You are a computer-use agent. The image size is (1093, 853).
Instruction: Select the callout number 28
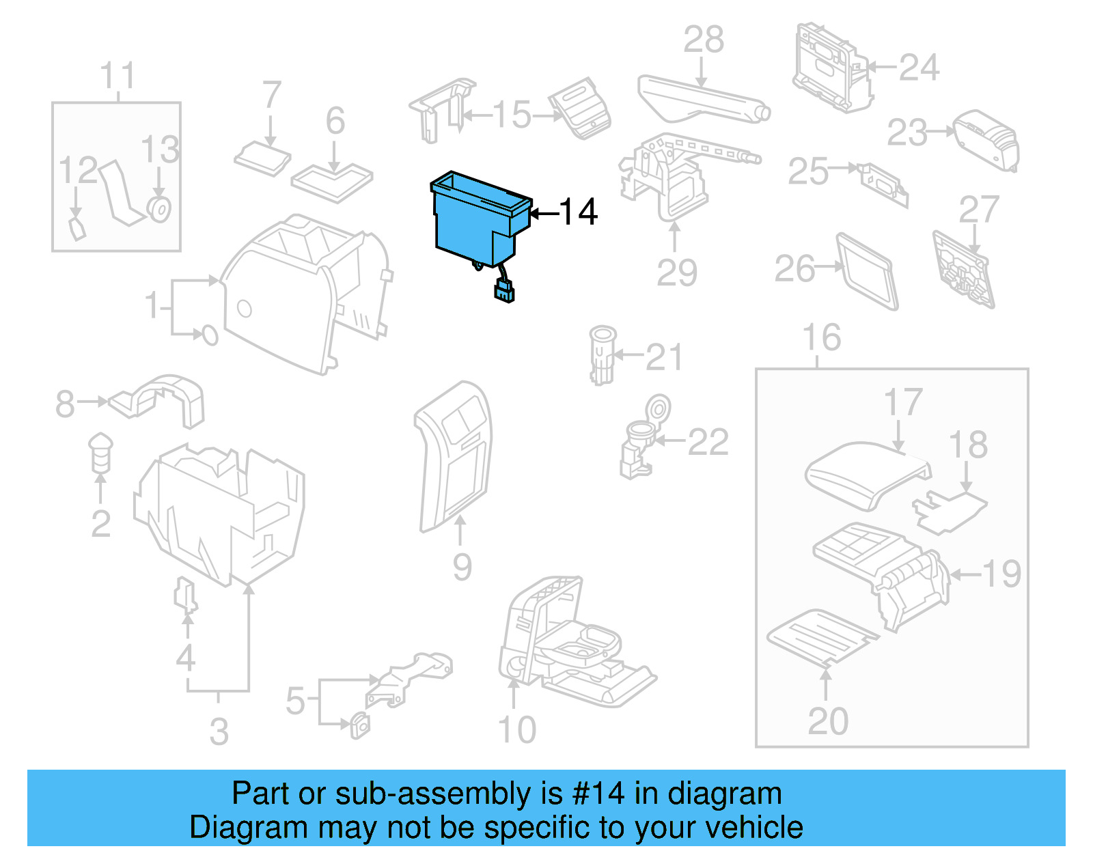(703, 40)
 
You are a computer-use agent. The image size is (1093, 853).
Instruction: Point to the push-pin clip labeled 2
(100, 451)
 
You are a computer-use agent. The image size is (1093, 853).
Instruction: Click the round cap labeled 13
(159, 209)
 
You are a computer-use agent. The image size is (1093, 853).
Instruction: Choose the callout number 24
(919, 68)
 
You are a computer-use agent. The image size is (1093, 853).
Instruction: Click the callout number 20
(827, 721)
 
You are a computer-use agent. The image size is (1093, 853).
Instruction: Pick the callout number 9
(462, 566)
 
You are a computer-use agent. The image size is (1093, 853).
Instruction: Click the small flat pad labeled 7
(262, 158)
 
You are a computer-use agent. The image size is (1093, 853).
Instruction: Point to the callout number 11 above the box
(117, 75)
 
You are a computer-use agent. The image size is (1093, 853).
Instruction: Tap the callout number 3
(219, 731)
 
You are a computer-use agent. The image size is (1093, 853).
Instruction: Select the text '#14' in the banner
(598, 794)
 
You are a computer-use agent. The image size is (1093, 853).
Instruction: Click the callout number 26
(794, 268)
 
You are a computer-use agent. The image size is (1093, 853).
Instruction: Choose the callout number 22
(708, 442)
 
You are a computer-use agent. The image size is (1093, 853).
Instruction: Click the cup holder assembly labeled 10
(567, 642)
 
